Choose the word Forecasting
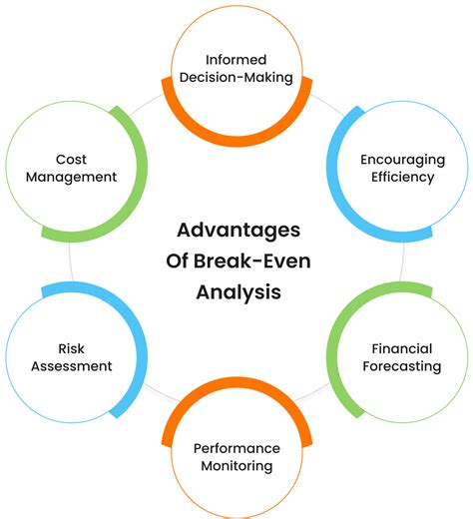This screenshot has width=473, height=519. [x=402, y=365]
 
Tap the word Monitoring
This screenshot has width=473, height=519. [x=236, y=465]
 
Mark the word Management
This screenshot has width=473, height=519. [x=73, y=177]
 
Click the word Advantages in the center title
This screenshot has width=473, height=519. [x=236, y=230]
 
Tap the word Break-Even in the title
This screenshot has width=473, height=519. [x=258, y=261]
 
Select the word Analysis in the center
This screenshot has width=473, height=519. [x=236, y=293]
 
